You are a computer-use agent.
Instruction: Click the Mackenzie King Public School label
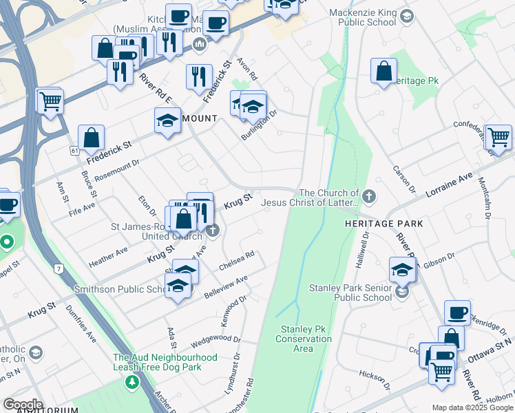point(357,17)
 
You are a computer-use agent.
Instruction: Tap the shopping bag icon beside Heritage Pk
point(383,72)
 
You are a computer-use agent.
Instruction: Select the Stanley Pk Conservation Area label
point(303,339)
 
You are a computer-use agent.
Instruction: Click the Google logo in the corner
point(22,405)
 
